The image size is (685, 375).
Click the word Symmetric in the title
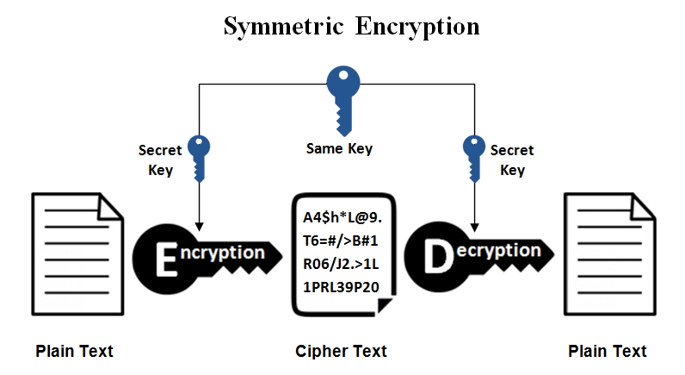pyautogui.click(x=281, y=26)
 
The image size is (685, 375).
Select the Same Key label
pyautogui.click(x=339, y=148)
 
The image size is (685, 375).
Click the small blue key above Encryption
pyautogui.click(x=199, y=156)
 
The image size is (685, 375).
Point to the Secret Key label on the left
pyautogui.click(x=160, y=159)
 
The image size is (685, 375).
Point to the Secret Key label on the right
pyautogui.click(x=512, y=159)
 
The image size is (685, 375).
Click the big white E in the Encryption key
pyautogui.click(x=164, y=257)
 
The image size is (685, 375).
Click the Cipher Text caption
pyautogui.click(x=341, y=351)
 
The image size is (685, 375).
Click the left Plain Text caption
pyautogui.click(x=74, y=351)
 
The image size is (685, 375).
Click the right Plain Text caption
pyautogui.click(x=608, y=351)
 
